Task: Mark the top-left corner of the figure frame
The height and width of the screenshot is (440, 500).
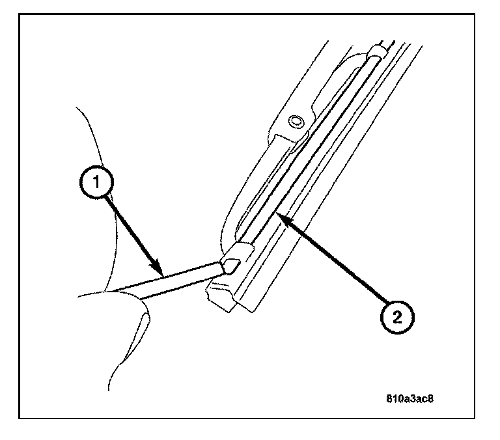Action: point(20,14)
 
